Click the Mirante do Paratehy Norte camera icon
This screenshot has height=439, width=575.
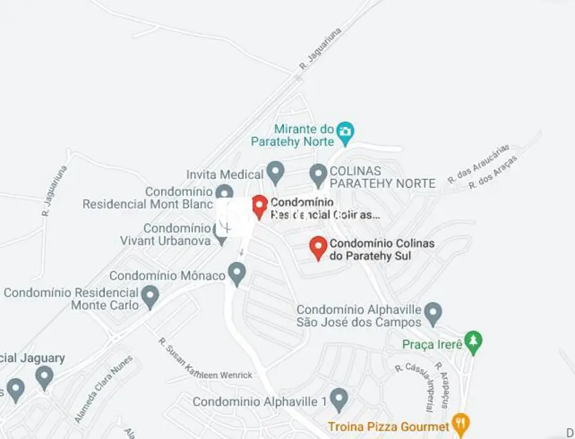346,132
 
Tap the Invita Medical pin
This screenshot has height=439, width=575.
275,172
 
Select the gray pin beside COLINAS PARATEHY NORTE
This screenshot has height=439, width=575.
319,175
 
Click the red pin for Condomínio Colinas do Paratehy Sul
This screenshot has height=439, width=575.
318,247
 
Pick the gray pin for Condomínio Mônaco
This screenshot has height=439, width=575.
236,274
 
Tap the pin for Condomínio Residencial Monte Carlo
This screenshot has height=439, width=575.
150,296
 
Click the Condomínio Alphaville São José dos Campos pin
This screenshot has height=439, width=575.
433,313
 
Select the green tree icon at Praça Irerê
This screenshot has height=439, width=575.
474,342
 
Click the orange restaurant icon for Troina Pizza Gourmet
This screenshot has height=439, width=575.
461,425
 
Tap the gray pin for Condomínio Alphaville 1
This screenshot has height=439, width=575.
339,399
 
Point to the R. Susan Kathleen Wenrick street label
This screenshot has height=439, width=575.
205,358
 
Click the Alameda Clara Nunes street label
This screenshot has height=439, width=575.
103,389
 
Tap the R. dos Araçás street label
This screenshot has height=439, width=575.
492,173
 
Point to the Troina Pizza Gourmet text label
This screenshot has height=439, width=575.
388,426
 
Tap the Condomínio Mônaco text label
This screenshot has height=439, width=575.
167,276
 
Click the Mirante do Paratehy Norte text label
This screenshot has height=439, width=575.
293,135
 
